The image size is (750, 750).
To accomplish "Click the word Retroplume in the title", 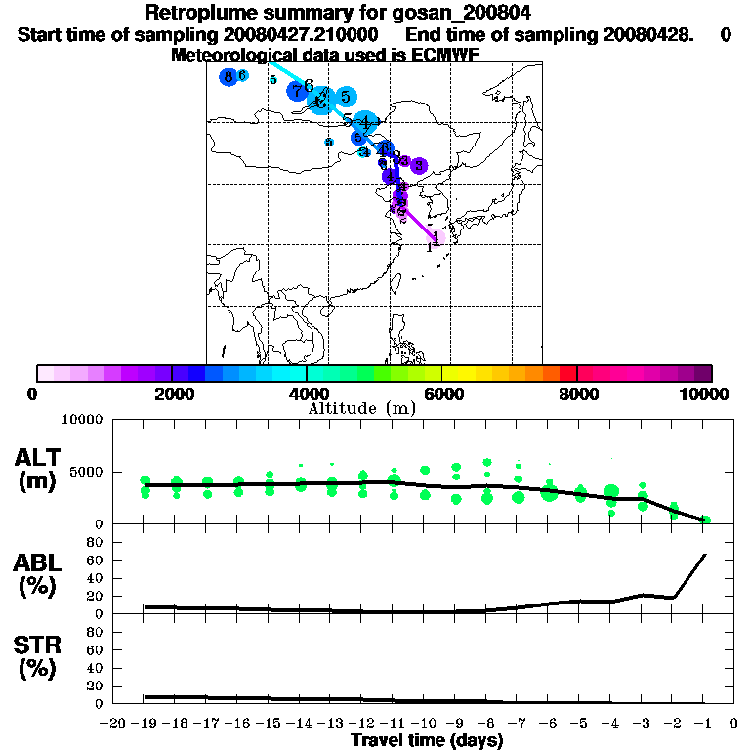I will [x=193, y=13].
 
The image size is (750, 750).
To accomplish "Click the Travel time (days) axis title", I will [x=427, y=741].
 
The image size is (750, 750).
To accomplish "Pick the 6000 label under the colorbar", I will [x=442, y=394].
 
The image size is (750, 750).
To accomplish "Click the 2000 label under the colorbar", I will [x=171, y=394].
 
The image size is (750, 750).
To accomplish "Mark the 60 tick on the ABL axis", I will [x=95, y=560].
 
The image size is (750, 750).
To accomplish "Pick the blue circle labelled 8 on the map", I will [x=229, y=77].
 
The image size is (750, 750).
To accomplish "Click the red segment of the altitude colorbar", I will [x=567, y=373].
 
